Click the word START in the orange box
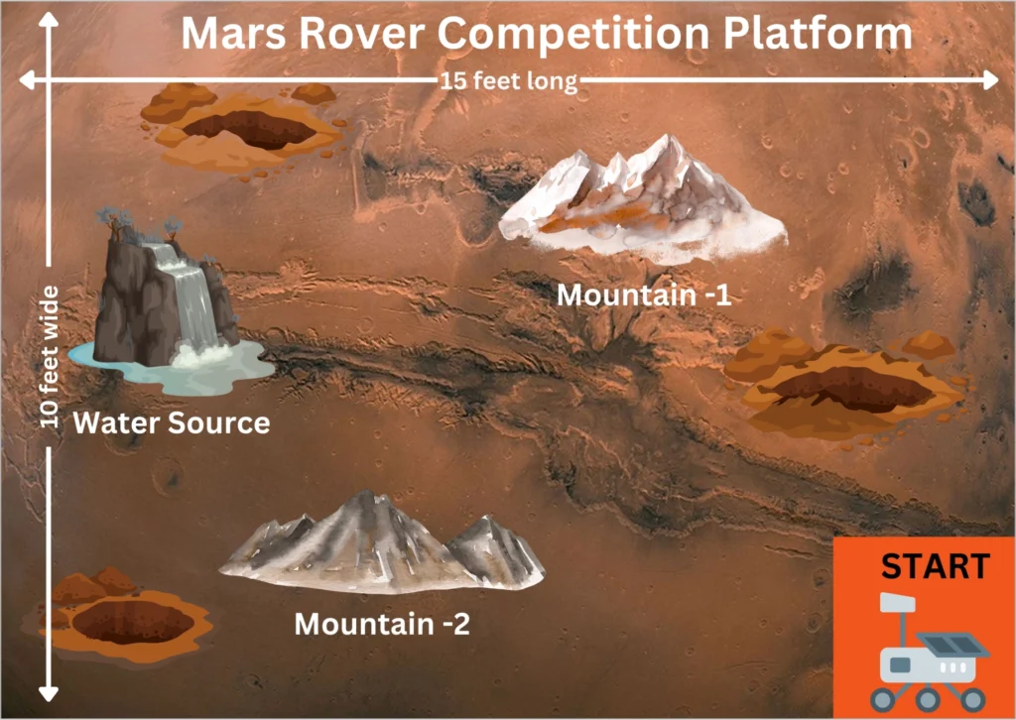935,565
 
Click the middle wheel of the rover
928,698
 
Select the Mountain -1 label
644,296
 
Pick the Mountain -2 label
382,624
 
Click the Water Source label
171,422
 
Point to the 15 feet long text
508,81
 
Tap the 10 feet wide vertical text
50,357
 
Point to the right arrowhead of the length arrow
991,80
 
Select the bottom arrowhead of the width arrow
49,693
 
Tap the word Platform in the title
818,33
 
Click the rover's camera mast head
897,603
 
